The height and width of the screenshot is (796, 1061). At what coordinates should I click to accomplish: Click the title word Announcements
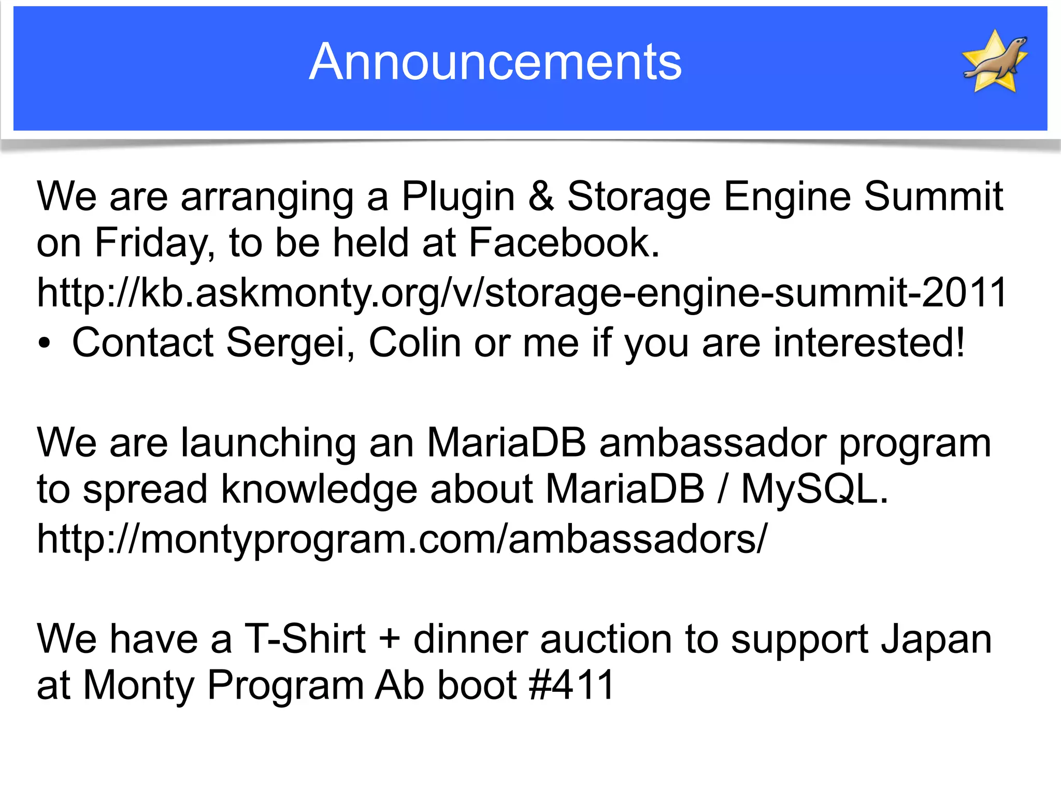tap(495, 62)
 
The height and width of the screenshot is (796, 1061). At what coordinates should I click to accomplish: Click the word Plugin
tap(458, 197)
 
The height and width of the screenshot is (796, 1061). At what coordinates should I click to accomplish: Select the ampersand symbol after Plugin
tap(541, 196)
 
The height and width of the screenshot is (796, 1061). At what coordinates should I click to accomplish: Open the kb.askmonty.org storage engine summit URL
tap(521, 293)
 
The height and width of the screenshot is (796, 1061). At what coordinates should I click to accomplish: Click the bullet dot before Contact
tap(45, 344)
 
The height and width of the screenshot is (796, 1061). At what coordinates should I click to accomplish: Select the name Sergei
tap(290, 343)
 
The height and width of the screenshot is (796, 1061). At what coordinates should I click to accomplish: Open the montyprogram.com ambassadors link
tap(402, 539)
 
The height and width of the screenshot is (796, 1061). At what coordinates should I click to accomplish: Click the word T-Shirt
tap(305, 639)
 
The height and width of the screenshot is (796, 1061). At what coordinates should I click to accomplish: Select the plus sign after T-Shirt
tap(389, 639)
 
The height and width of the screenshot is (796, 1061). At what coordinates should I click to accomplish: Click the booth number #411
tap(572, 685)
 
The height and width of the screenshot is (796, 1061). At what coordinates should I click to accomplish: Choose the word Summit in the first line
tap(933, 196)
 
